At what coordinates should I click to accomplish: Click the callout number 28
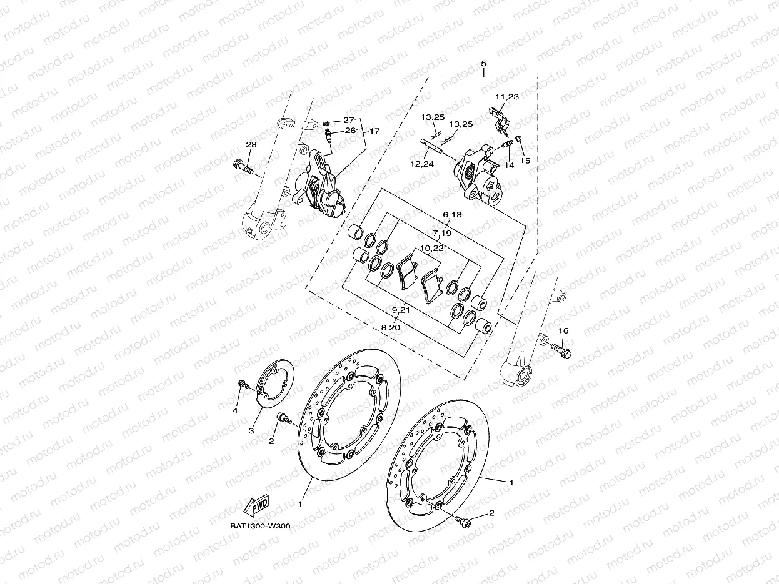(251, 145)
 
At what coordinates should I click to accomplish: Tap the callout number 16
(563, 330)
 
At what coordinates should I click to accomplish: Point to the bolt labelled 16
(560, 350)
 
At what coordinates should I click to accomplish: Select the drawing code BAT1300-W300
(260, 526)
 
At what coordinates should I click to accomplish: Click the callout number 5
(483, 64)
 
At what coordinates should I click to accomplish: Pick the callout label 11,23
(506, 97)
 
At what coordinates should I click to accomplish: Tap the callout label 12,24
(423, 164)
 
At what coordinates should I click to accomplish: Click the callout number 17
(374, 131)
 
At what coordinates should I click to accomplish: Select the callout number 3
(251, 431)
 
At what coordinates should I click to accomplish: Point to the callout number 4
(235, 410)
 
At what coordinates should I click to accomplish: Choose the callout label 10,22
(433, 248)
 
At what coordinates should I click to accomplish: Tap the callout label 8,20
(390, 327)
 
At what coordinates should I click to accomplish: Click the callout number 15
(525, 161)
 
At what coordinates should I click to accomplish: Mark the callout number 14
(509, 166)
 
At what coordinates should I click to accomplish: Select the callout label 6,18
(451, 214)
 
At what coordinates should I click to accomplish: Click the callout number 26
(350, 131)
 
